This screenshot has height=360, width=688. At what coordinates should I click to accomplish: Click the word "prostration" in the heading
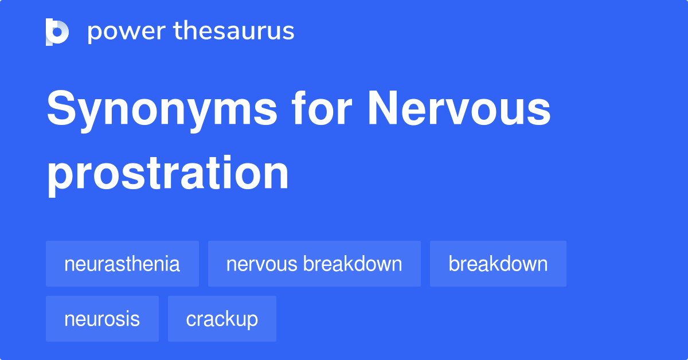pos(167,174)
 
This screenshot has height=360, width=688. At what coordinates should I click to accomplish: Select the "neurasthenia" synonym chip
pos(122,264)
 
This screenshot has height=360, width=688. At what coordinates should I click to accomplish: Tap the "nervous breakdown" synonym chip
pos(314,264)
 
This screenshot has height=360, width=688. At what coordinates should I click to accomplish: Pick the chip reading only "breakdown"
pos(498,264)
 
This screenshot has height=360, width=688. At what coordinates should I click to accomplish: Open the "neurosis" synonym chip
pos(102,319)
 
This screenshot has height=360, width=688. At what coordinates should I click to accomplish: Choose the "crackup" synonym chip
pos(222,319)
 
